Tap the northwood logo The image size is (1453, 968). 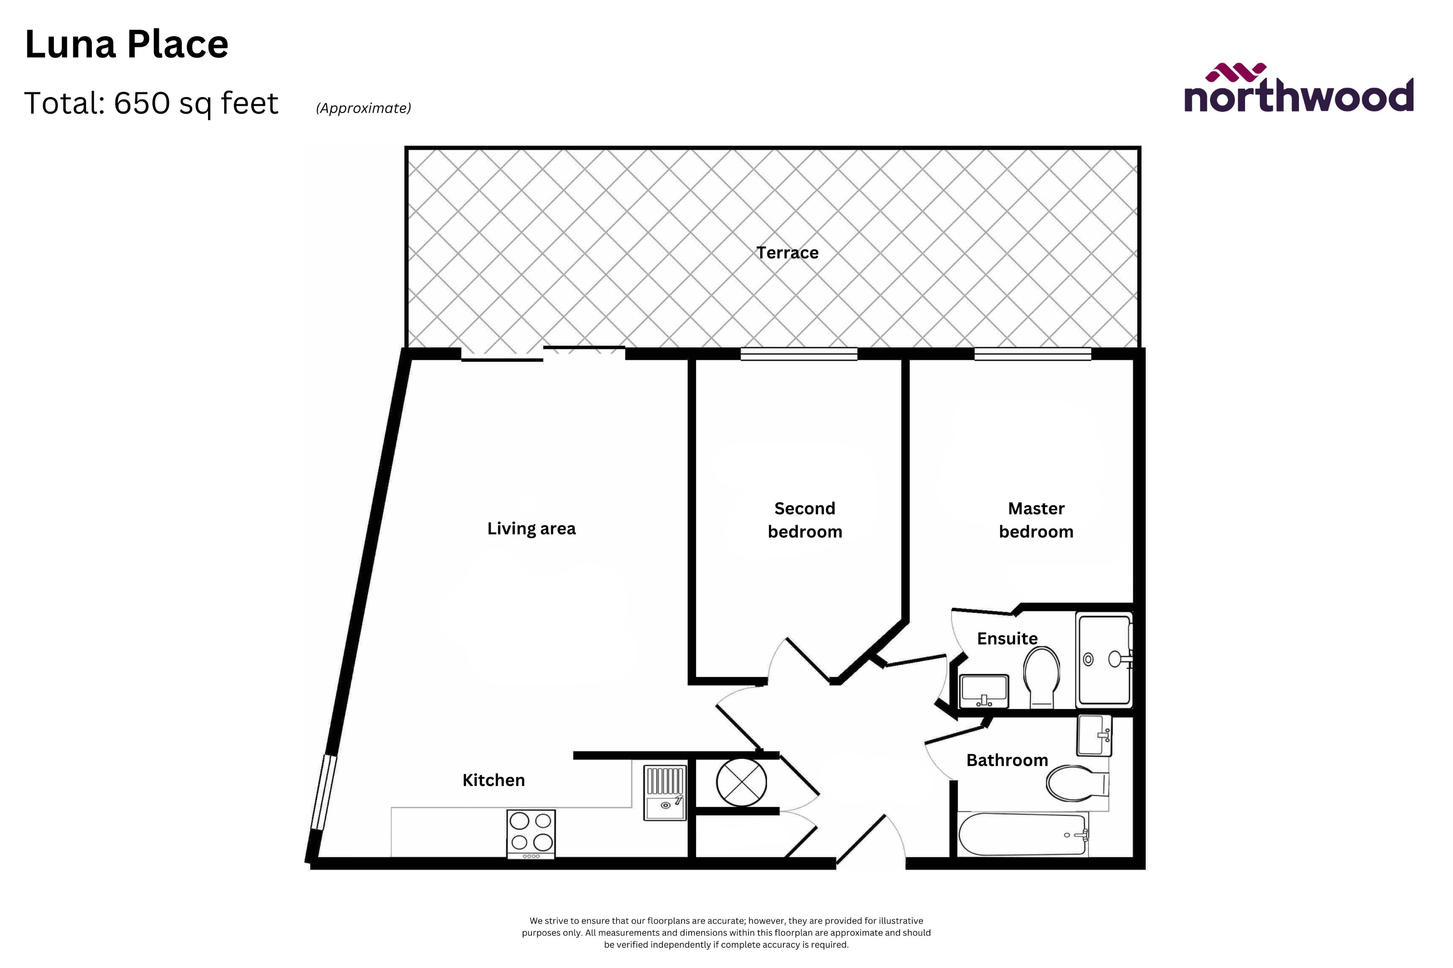[x=1298, y=90]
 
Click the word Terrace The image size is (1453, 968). [x=787, y=253]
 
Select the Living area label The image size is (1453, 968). [x=531, y=528]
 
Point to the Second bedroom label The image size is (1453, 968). [x=805, y=520]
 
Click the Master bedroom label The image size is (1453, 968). [x=1036, y=520]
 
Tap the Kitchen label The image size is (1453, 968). [x=494, y=780]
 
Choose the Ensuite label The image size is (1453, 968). [x=1007, y=638]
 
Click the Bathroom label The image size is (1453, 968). [x=1007, y=760]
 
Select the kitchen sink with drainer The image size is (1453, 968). [x=665, y=793]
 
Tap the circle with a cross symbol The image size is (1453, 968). [x=741, y=781]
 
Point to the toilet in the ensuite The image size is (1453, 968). [x=1042, y=676]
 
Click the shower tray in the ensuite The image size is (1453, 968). [x=1104, y=660]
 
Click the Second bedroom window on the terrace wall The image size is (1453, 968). [x=799, y=354]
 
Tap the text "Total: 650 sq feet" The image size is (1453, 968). [x=152, y=103]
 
